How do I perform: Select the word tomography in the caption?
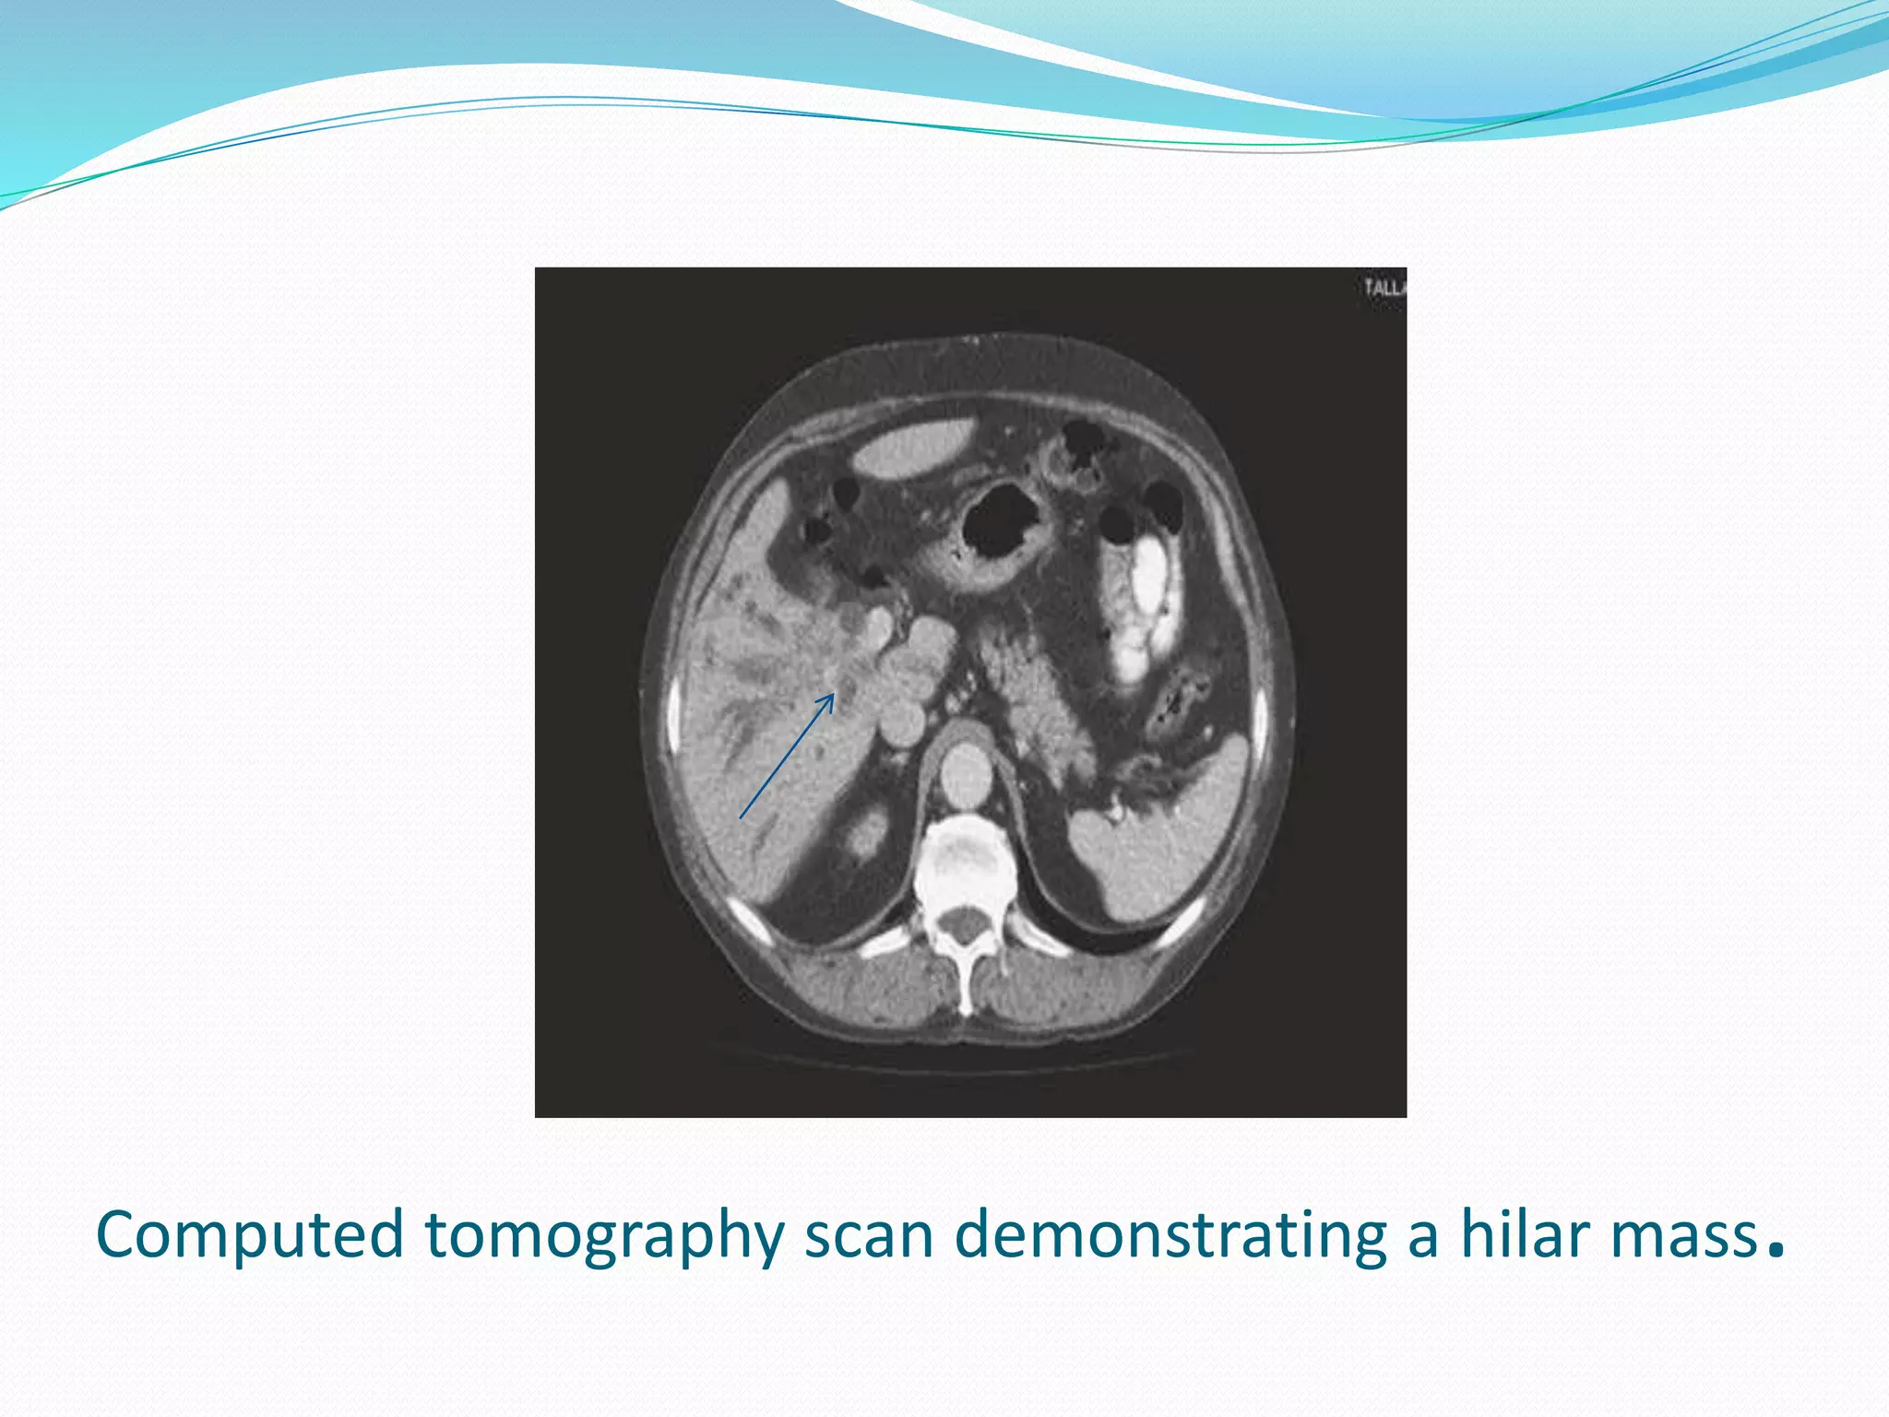point(604,1237)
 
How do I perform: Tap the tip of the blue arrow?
point(833,696)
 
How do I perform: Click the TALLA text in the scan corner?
point(1384,289)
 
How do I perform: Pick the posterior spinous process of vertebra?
point(966,992)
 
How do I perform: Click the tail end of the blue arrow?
point(742,817)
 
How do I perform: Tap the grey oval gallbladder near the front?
point(913,448)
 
